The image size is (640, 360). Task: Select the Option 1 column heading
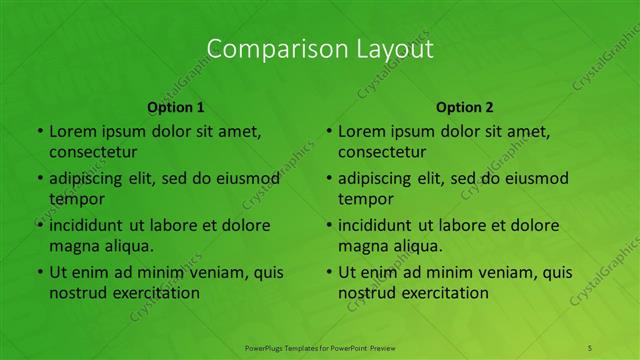pos(176,107)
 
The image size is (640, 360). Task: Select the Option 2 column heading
pos(465,107)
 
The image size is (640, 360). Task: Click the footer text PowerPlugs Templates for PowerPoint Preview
pos(320,347)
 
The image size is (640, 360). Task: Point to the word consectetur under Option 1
pos(93,152)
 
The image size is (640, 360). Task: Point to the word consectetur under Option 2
pos(382,152)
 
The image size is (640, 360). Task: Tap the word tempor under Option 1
pos(73,198)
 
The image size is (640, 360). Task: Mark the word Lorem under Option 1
pos(70,131)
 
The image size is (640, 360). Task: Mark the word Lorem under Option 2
pos(359,131)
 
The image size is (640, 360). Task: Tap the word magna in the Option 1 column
pos(72,245)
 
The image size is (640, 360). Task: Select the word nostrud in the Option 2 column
pos(367,293)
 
